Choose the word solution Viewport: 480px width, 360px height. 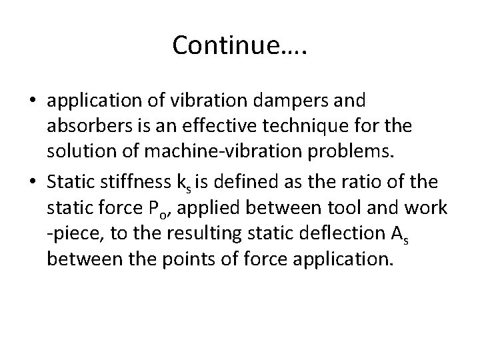(80, 151)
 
